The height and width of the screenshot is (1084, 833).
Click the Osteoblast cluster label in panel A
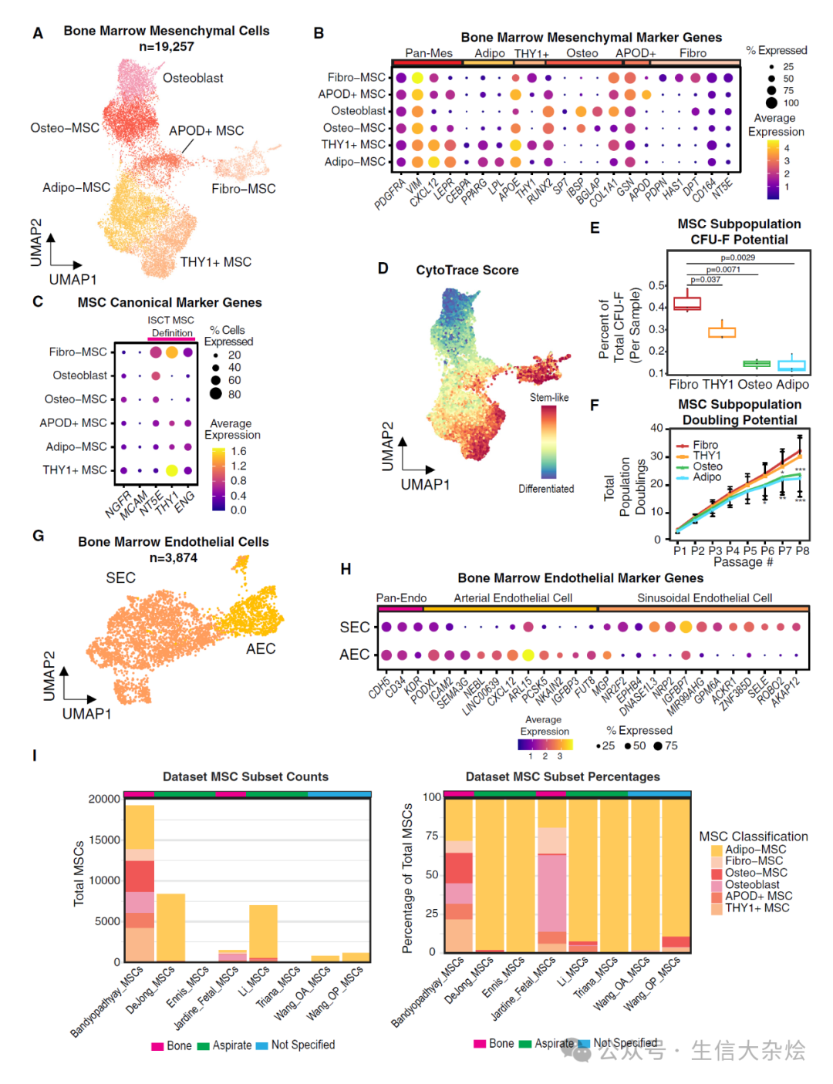(x=193, y=78)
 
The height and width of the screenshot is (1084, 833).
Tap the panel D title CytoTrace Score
(x=467, y=270)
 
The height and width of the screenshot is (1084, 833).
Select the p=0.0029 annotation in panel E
(x=737, y=258)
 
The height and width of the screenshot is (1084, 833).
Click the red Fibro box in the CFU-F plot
(x=687, y=303)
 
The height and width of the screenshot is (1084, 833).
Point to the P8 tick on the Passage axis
(x=802, y=550)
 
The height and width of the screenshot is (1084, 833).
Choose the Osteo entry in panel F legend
(x=707, y=466)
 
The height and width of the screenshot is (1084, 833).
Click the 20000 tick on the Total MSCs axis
(x=104, y=799)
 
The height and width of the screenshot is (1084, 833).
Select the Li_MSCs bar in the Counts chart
(x=263, y=933)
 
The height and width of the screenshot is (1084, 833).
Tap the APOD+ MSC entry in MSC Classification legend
(x=758, y=896)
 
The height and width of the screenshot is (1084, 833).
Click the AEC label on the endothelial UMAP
(x=261, y=648)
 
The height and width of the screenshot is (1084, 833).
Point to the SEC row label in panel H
(x=355, y=628)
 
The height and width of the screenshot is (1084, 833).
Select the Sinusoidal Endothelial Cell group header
(x=704, y=598)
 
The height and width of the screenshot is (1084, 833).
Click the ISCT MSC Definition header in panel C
(x=171, y=327)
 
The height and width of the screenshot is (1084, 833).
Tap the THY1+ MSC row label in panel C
(x=75, y=470)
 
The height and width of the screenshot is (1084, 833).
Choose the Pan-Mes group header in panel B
(x=429, y=53)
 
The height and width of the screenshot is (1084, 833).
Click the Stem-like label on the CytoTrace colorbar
(x=549, y=398)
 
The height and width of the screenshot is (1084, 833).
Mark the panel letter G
(x=38, y=536)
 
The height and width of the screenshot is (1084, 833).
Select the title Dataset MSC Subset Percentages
(x=562, y=776)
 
